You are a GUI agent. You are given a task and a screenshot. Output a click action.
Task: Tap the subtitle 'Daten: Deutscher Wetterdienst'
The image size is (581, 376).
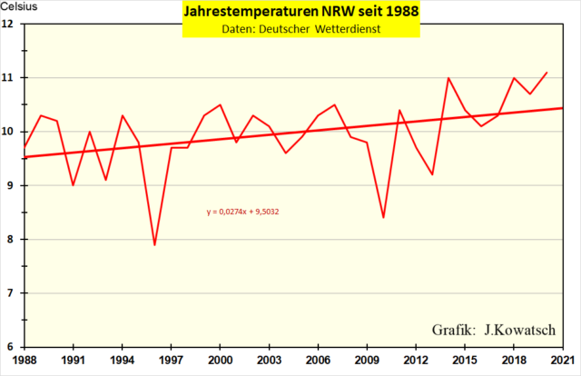tap(300, 30)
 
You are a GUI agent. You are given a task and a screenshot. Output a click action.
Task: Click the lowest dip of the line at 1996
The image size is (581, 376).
tap(154, 245)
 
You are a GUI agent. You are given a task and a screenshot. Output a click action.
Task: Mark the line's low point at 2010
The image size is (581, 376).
tap(383, 218)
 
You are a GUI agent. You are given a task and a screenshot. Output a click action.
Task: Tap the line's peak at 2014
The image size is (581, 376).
tap(448, 78)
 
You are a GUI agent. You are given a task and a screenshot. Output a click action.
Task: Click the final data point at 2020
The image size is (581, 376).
tap(547, 73)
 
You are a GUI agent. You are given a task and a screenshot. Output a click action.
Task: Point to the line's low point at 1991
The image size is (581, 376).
tap(73, 185)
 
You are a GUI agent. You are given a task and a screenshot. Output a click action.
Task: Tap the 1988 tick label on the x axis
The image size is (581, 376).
tap(25, 360)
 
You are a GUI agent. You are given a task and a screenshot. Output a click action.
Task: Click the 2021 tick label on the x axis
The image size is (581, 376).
tap(563, 360)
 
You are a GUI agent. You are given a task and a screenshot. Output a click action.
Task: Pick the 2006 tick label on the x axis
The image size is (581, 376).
tap(318, 360)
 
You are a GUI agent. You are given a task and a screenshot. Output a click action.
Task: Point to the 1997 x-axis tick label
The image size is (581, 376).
tap(171, 360)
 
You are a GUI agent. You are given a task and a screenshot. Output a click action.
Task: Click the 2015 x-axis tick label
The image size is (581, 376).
tap(465, 360)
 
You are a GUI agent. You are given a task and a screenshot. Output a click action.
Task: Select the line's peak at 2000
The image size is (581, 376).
tap(220, 104)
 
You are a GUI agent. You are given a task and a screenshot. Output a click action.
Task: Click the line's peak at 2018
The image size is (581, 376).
tap(514, 78)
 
